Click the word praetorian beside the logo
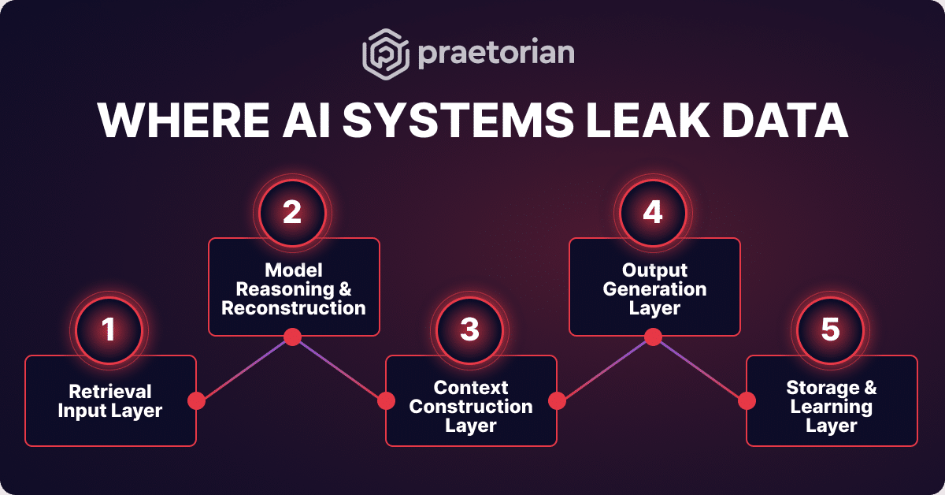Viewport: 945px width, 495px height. (495, 54)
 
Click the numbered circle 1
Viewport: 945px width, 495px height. (109, 329)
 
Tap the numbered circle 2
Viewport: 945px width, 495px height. (292, 213)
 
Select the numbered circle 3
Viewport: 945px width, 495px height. (469, 329)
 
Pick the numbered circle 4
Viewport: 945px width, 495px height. (654, 213)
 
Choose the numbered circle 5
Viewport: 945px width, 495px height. (830, 329)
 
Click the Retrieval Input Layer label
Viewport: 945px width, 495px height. (110, 400)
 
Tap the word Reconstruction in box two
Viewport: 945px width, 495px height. (294, 308)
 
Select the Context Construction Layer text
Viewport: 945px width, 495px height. (471, 407)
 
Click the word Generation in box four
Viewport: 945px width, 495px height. (654, 289)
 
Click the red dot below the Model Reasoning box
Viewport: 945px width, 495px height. (292, 337)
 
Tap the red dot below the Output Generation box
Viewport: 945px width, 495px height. (652, 337)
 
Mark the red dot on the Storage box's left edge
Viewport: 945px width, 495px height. (746, 400)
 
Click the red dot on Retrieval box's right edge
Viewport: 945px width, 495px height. (197, 400)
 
